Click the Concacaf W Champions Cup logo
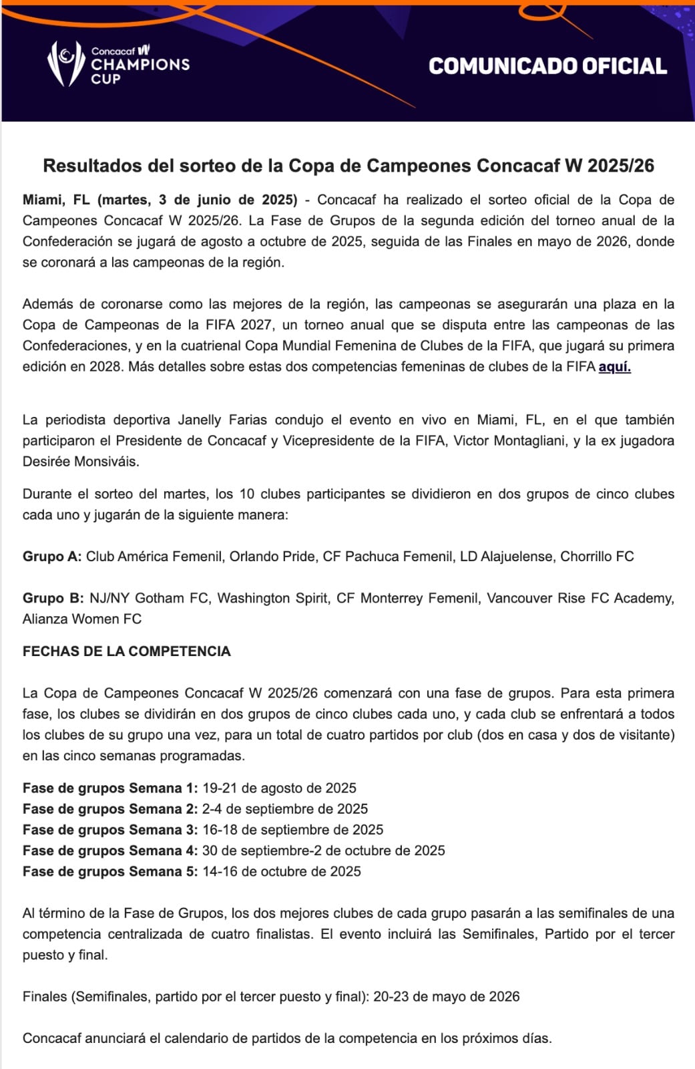pos(118,64)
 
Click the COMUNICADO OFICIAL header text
pos(547,66)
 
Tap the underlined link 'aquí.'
pos(614,367)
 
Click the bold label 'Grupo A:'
pos(52,557)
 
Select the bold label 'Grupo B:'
pos(53,598)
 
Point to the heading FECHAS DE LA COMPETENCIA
pos(127,651)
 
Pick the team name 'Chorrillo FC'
pos(597,557)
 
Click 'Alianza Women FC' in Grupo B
pos(82,619)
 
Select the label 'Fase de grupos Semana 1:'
pos(110,788)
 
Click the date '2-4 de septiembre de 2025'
pos(285,809)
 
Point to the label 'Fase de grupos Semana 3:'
pos(110,830)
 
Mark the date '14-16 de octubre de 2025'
pos(281,871)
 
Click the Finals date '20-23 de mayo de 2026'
pos(446,997)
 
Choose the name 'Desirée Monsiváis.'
pos(81,462)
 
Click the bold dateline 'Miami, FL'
pos(56,200)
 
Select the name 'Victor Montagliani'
pos(510,441)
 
